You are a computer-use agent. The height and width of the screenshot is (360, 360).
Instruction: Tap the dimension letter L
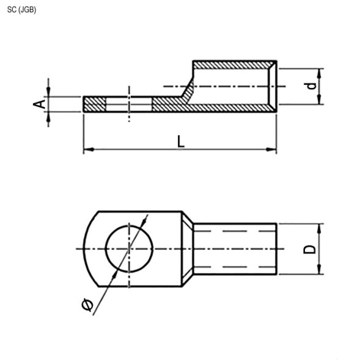pos(181,141)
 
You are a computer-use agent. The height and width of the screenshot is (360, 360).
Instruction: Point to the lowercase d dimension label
pos(312,86)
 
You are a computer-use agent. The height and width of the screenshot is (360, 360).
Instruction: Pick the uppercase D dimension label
pos(310,249)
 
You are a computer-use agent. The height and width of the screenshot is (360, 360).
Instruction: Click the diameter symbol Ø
pos(87,304)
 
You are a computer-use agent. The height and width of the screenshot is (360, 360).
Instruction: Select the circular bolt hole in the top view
pos(128,249)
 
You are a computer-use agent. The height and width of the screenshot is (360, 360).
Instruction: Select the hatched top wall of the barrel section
pos(232,64)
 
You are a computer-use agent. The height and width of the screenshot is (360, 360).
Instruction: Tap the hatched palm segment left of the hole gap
pos(94,105)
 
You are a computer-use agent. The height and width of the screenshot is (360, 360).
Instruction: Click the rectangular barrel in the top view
pos(235,249)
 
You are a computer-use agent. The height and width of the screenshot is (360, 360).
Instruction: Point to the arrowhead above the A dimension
pos(48,92)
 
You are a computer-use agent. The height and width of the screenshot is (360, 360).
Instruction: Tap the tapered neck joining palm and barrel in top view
pos(187,249)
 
